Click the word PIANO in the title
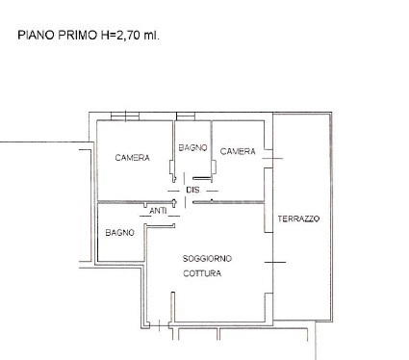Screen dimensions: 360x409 click(35, 36)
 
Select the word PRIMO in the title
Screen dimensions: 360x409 click(74, 36)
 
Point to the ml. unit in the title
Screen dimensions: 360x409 click(151, 36)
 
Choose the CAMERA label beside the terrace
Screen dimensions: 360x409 click(237, 151)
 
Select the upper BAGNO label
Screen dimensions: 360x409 click(192, 147)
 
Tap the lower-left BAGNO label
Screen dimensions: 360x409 click(119, 232)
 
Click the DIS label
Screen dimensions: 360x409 click(192, 190)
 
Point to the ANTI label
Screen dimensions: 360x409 click(158, 210)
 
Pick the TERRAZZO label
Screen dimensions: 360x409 click(298, 219)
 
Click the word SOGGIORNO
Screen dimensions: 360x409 click(208, 258)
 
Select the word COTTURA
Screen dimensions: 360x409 click(202, 273)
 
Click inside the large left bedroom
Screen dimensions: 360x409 click(133, 178)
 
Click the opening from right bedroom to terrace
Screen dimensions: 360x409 click(270, 158)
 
